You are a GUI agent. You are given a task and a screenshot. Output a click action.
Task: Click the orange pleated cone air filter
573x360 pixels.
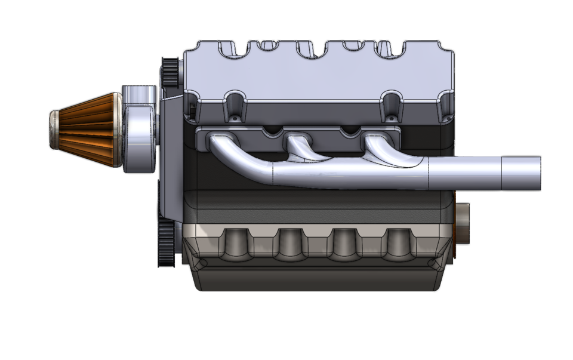(x=90, y=130)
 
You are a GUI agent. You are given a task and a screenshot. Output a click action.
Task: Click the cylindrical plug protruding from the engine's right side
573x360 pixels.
(x=463, y=224)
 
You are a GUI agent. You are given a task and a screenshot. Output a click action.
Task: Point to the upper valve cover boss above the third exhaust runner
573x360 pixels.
(x=393, y=105)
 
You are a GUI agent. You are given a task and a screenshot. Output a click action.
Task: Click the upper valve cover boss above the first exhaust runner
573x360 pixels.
(x=236, y=105)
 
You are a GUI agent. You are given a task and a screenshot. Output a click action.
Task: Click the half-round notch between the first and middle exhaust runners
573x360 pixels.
(x=272, y=130)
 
